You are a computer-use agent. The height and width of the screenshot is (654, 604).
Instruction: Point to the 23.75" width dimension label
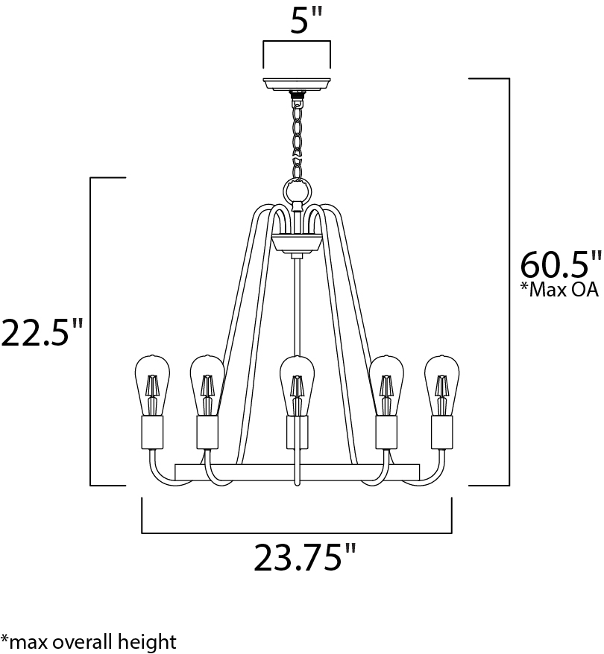[x=305, y=557]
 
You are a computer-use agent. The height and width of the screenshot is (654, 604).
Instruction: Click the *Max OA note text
[x=560, y=290]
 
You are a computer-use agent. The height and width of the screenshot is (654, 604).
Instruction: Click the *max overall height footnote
[x=89, y=641]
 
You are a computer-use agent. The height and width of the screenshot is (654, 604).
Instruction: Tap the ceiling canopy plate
[x=296, y=85]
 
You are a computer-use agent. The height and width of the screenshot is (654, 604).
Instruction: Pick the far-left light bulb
[x=152, y=385]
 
